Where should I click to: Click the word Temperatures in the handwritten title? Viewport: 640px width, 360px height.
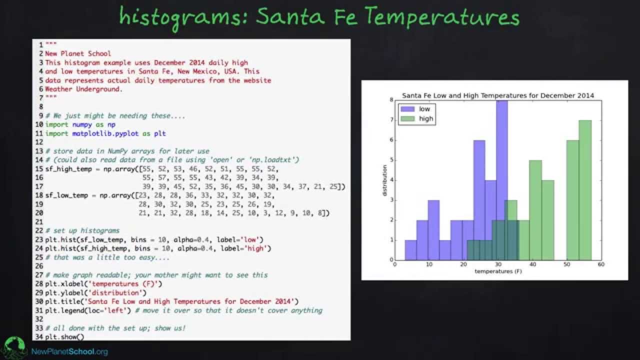point(442,16)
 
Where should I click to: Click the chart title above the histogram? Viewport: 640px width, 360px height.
point(498,95)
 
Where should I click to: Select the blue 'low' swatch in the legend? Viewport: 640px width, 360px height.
point(407,109)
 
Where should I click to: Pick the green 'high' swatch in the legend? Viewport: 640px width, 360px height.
point(407,118)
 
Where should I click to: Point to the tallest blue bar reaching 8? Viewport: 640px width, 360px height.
point(502,180)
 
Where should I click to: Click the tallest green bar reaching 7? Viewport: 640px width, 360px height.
point(585,190)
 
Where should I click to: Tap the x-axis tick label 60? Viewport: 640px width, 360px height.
point(601,264)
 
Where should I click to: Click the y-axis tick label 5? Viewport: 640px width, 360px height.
point(391,160)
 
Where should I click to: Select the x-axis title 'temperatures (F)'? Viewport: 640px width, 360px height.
point(498,271)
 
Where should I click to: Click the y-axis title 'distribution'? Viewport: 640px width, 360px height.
point(384,180)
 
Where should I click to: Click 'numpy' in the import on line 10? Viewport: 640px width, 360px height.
point(82,124)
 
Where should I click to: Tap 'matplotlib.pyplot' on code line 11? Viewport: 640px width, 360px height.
point(105,133)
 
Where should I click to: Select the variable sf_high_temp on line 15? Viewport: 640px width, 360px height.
point(68,169)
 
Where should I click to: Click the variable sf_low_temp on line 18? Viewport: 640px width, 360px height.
point(66,195)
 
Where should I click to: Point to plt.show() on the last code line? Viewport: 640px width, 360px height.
point(64,337)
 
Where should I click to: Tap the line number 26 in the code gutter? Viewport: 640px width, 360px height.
point(39,266)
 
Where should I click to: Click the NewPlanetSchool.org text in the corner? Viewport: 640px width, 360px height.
point(69,351)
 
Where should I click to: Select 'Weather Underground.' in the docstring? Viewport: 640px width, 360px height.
point(83,89)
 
